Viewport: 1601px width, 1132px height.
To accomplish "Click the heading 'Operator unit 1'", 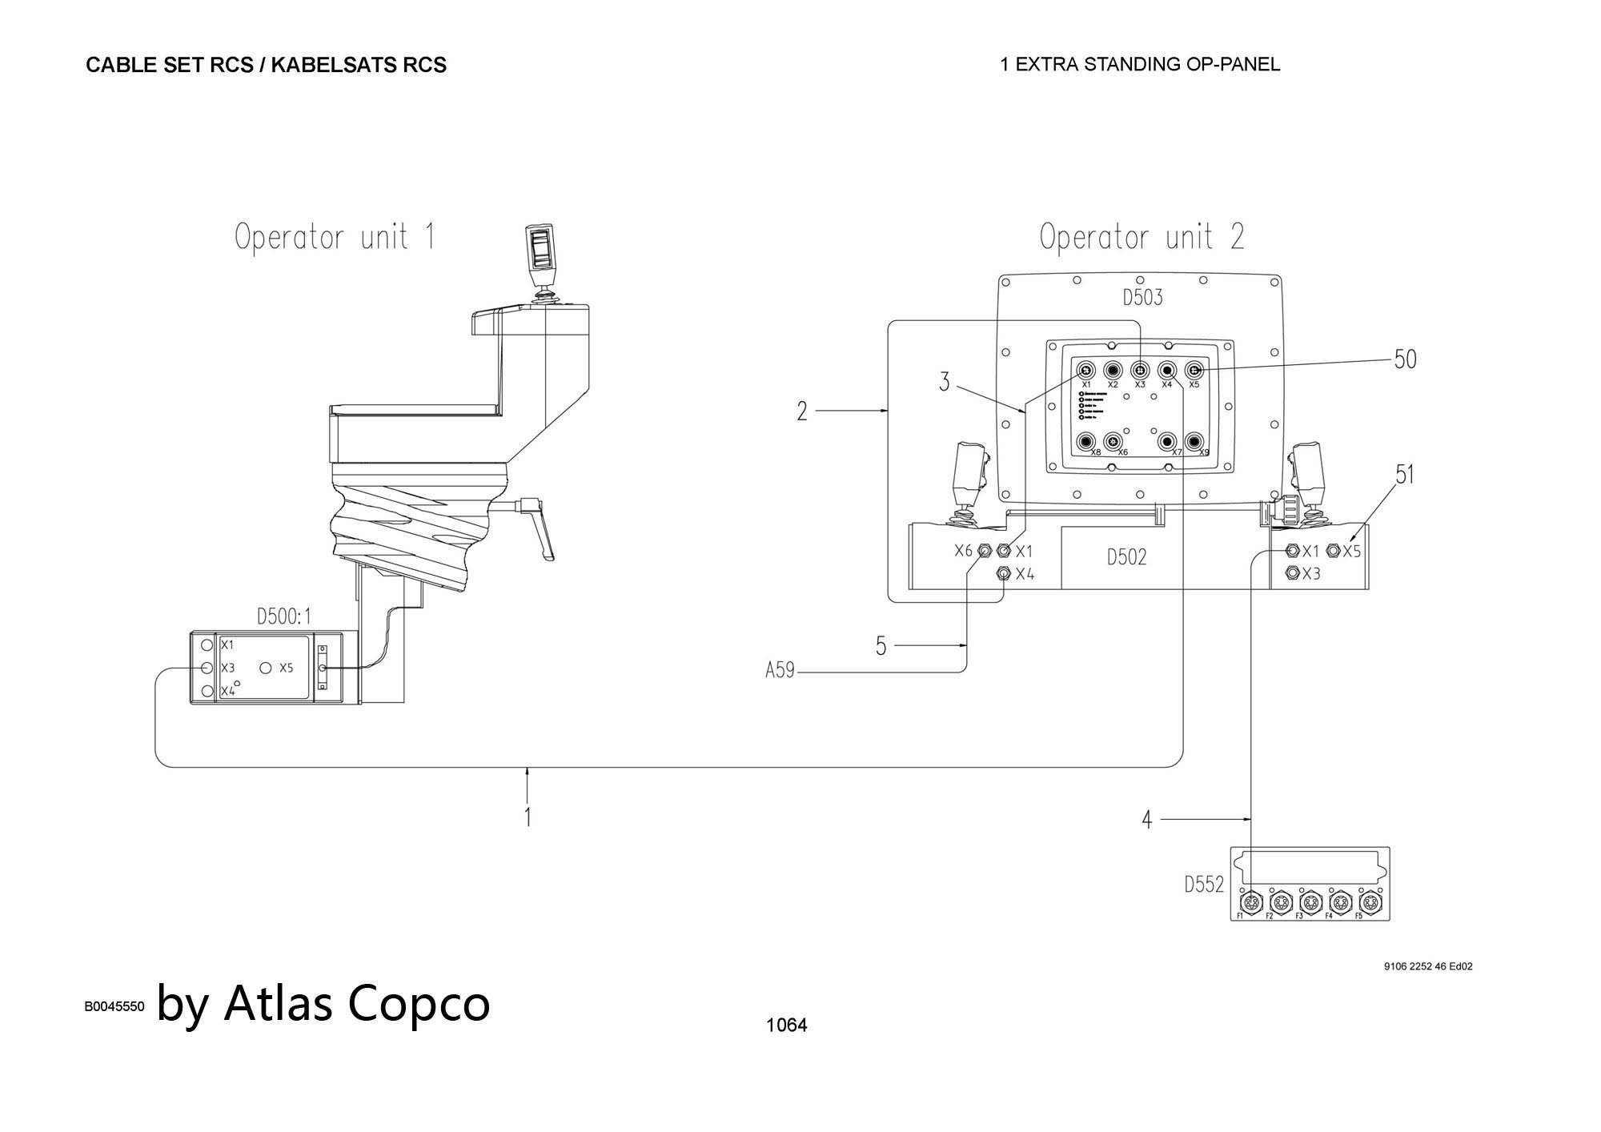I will (335, 237).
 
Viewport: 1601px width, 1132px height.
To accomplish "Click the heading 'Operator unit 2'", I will (1142, 237).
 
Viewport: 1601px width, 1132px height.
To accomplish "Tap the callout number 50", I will (1405, 359).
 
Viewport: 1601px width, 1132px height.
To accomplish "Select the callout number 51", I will (1405, 475).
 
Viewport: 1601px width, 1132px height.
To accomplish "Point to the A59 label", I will (780, 671).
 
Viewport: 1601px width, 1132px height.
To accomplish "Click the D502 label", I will (1126, 557).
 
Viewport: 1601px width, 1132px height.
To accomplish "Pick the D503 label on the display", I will (1142, 298).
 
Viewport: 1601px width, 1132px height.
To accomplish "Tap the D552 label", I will (1204, 885).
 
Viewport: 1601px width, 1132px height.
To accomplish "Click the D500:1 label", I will (283, 616).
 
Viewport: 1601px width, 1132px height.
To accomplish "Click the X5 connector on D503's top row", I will (1194, 371).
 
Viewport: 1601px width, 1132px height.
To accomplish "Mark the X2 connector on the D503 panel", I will (1113, 371).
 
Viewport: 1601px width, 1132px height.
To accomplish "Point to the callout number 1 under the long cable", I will (528, 817).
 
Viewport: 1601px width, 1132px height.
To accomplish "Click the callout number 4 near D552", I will (1146, 820).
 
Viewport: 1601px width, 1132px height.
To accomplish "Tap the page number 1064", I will (786, 1025).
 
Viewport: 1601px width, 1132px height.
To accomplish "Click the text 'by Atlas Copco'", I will (323, 1002).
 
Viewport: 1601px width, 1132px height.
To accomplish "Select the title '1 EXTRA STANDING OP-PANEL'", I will (1140, 64).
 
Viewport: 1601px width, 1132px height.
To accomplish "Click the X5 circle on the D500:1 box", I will (266, 668).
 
